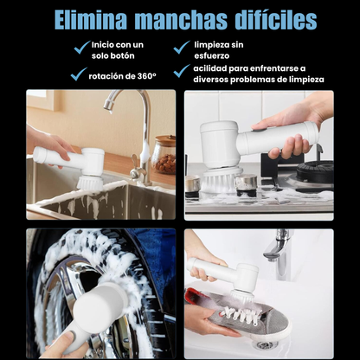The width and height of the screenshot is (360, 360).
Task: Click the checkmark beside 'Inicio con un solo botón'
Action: click(80, 48)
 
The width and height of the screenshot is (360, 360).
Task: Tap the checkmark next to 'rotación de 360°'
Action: click(78, 75)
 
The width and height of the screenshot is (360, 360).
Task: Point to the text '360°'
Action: click(146, 76)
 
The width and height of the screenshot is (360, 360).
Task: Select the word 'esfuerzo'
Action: click(211, 55)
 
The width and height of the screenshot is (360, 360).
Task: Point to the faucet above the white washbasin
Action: click(279, 247)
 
